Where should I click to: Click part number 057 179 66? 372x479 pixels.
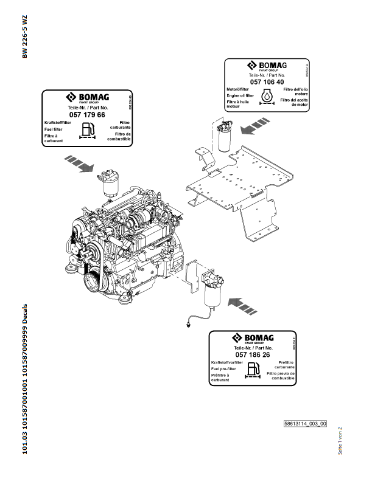87,115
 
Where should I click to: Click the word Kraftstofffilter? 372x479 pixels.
58,123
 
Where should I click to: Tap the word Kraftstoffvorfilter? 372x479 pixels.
226,362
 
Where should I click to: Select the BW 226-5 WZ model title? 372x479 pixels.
25,36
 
